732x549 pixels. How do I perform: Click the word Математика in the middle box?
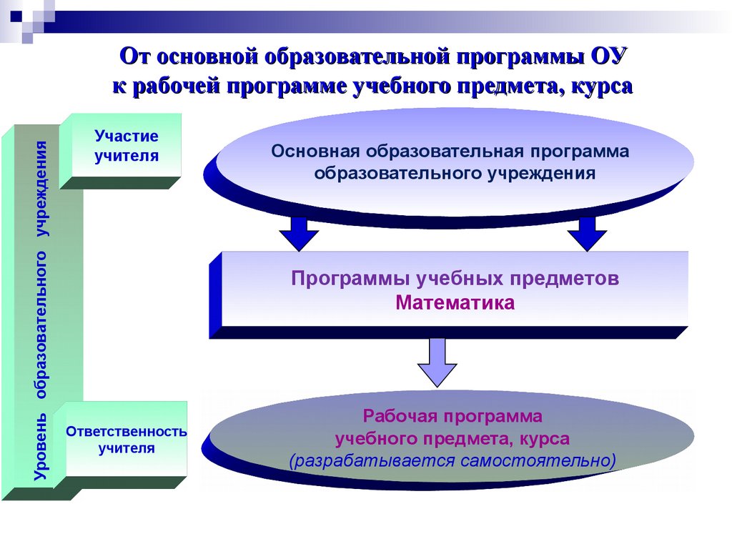click(455, 303)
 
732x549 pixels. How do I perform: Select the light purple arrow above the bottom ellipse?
click(437, 362)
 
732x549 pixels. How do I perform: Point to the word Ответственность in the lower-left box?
click(127, 432)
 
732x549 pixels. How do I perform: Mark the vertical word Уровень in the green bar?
click(42, 447)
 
